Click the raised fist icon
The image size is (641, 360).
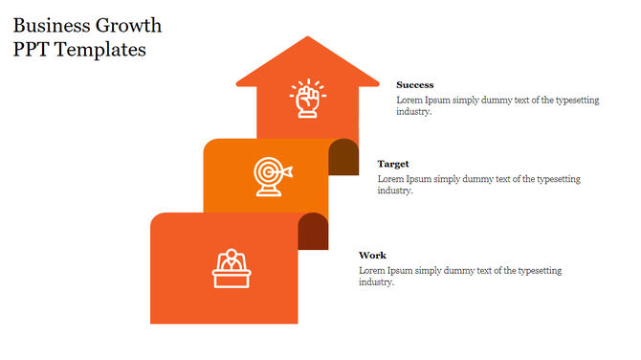click(307, 99)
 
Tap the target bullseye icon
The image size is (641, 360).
click(270, 174)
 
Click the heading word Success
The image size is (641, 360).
click(415, 85)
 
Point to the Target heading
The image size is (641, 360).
click(393, 164)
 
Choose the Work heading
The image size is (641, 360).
click(372, 256)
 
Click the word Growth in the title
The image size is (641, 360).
click(129, 26)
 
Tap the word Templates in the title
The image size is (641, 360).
click(100, 50)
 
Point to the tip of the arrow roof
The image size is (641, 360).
click(307, 38)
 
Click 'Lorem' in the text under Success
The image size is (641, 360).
click(410, 101)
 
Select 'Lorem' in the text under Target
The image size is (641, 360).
click(391, 179)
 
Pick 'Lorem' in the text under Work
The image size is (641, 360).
click(373, 271)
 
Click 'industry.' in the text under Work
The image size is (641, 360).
click(376, 282)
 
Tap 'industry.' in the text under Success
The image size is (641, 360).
click(414, 112)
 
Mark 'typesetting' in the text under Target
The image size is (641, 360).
click(558, 179)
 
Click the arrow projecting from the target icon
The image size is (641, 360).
click(286, 171)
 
